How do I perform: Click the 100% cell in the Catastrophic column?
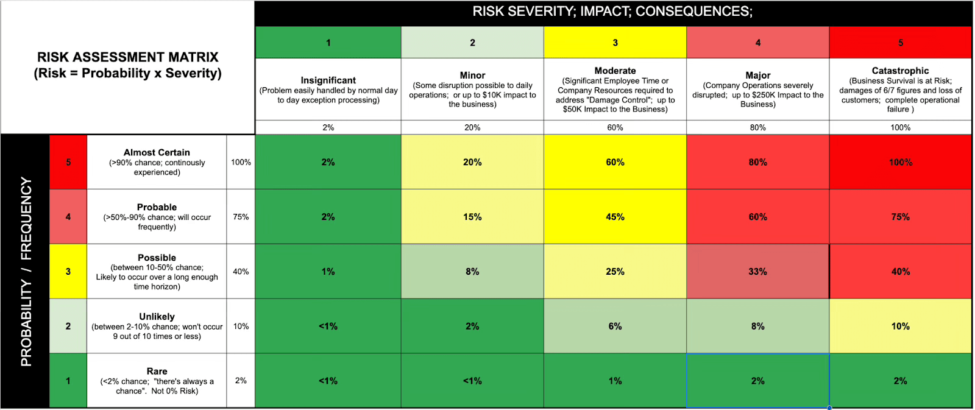[x=900, y=162]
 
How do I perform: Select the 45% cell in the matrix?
[x=615, y=217]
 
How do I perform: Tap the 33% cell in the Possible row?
[x=757, y=272]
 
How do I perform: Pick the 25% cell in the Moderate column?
[x=615, y=272]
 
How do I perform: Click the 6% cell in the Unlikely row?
[x=615, y=327]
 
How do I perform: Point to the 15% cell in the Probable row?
[x=472, y=217]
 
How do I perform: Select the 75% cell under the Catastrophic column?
[x=900, y=217]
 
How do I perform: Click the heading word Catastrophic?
[x=900, y=71]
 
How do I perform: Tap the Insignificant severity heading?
[x=328, y=80]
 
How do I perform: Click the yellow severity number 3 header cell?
[x=615, y=43]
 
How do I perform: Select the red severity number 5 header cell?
[x=900, y=43]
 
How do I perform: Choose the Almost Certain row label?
[x=157, y=152]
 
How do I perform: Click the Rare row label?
[x=157, y=371]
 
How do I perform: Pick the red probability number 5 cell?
[x=68, y=162]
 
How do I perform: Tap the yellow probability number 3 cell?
[x=68, y=272]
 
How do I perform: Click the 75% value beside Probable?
[x=241, y=217]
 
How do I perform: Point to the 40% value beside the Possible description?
[x=241, y=272]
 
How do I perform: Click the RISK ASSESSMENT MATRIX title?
[x=127, y=57]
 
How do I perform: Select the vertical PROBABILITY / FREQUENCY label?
[x=26, y=272]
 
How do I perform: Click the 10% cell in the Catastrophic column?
[x=900, y=327]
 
